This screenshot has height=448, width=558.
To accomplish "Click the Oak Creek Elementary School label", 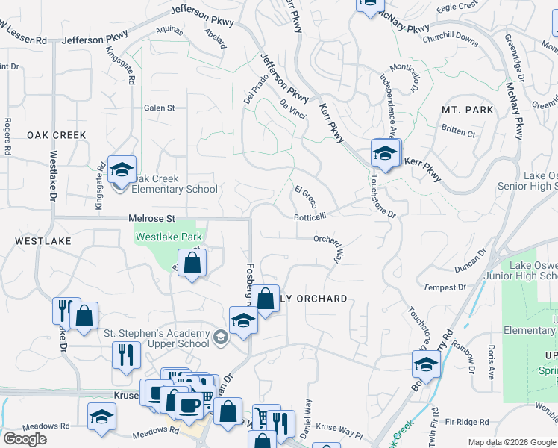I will (175, 184).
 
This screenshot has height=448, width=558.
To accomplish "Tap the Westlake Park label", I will (169, 237).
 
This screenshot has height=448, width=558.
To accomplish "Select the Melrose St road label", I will (151, 217).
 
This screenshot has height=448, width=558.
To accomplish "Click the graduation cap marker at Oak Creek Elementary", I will (121, 170).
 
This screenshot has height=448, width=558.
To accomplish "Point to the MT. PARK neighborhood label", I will (468, 110).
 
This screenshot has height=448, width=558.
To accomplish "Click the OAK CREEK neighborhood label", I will (57, 135).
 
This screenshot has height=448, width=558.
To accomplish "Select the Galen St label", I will (159, 108).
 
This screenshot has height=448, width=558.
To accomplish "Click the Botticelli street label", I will (310, 217).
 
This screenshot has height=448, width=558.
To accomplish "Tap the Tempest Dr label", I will (445, 287).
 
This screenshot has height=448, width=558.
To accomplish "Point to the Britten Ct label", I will (458, 133).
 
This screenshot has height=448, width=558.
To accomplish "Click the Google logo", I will (25, 439).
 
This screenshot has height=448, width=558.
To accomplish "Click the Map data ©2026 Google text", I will (512, 442).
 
